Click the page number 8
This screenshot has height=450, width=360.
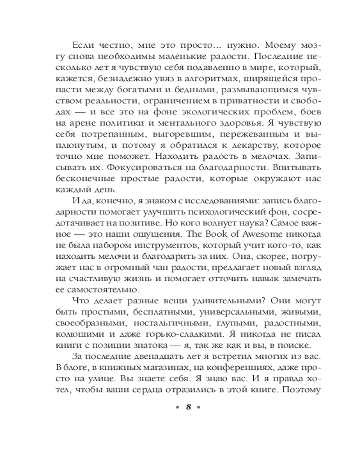click(189, 407)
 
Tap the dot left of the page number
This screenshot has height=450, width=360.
click(177, 407)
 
